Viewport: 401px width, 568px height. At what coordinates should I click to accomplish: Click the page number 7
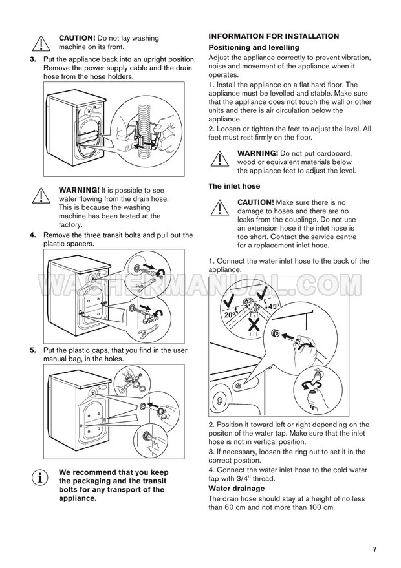click(374, 549)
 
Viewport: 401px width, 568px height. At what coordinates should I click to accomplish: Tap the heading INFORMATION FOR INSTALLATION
click(274, 37)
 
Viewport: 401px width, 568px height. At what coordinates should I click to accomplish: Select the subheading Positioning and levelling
click(254, 48)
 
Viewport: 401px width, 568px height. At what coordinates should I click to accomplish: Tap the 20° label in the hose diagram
click(230, 315)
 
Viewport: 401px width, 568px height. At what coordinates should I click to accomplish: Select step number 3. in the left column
click(34, 59)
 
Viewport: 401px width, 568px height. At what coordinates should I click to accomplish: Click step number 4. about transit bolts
click(34, 235)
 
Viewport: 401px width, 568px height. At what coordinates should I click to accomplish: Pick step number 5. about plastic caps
click(34, 350)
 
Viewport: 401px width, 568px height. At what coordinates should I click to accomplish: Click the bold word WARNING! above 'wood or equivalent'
click(257, 153)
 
